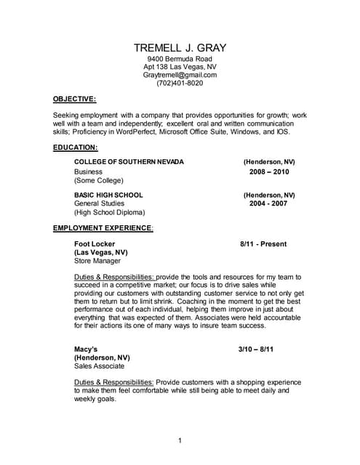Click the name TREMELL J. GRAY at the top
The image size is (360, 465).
180,48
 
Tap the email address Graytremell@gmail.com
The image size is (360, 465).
180,74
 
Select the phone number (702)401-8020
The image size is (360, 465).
180,84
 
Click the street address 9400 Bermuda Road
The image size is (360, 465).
180,58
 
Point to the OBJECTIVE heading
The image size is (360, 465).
75,98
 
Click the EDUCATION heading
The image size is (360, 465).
75,147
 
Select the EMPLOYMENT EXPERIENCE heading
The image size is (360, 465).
103,227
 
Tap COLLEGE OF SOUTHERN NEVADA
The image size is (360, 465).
129,161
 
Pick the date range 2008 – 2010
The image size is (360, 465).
269,171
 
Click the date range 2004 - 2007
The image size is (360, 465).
269,203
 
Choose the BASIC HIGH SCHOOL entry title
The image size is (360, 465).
108,195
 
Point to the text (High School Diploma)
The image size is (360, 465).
109,213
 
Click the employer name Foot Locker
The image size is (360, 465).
96,244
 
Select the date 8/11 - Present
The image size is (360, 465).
263,244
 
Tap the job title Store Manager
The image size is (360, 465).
97,261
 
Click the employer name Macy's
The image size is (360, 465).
87,349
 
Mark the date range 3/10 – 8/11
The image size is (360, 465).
256,349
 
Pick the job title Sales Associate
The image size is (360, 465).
99,367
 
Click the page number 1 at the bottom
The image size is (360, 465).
180,440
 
